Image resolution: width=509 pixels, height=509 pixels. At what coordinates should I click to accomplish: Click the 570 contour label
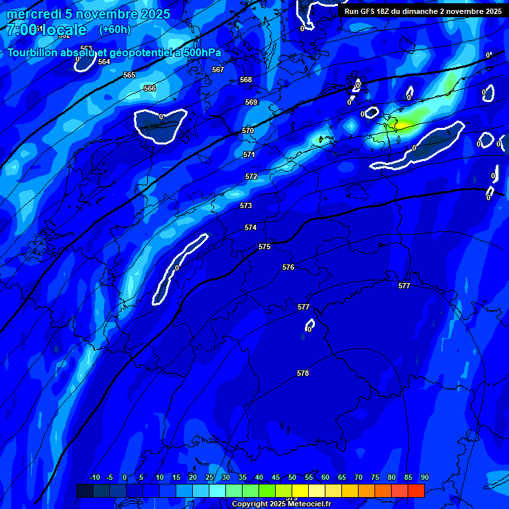coord(248,131)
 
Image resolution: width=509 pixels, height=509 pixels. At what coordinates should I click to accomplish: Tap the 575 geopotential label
coord(264,247)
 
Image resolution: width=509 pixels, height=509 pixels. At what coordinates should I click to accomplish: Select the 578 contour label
coord(303,373)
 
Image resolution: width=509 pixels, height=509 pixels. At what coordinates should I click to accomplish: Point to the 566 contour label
coord(150,88)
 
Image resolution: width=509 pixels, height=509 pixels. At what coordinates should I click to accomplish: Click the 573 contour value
coord(246,205)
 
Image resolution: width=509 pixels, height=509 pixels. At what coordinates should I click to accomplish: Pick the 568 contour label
coord(246,80)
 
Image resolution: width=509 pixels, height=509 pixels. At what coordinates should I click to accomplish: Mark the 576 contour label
coord(288,267)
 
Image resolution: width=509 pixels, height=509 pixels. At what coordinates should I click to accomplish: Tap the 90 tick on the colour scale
coord(424,477)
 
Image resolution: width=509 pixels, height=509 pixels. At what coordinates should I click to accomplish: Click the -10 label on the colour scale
coord(94,477)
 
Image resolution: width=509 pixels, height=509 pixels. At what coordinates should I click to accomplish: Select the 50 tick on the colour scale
coord(292,477)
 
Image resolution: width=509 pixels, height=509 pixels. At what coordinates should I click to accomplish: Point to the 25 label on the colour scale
coord(209,477)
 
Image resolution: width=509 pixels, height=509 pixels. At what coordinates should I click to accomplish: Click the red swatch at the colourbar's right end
coord(416,490)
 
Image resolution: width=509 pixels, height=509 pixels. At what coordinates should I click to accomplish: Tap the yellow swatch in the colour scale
coord(300,490)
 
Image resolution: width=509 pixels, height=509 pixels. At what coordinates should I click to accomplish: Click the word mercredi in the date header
coord(34,14)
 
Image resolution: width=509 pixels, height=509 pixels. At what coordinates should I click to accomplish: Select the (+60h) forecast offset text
coord(115,29)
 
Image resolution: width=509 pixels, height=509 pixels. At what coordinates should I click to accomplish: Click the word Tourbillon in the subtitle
coord(36,53)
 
